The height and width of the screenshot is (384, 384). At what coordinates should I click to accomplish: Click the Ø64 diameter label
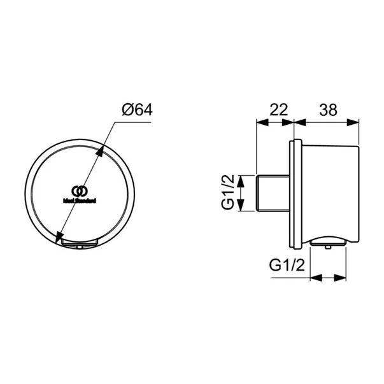[137, 110]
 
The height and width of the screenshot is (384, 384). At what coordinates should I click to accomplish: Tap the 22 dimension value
[277, 110]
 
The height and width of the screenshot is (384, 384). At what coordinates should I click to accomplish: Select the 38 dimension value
[327, 110]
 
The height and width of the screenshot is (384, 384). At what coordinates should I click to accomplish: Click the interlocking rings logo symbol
[78, 190]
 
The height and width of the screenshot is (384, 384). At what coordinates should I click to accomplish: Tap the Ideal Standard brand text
[79, 200]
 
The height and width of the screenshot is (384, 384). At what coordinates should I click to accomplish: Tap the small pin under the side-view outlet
[327, 248]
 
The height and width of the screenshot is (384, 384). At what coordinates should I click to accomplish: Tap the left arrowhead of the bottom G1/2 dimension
[313, 278]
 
